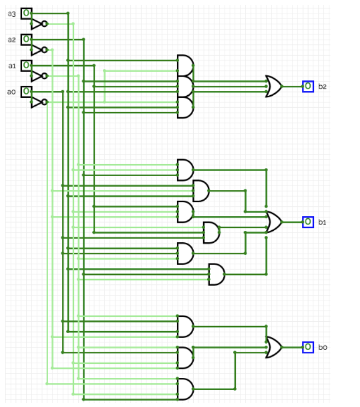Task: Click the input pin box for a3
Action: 26,13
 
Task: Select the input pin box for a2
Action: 26,39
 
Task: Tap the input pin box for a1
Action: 26,66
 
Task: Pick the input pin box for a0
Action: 26,91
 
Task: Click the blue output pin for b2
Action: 308,86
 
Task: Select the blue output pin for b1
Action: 308,222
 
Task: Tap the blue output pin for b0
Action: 308,347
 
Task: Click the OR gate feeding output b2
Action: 273,86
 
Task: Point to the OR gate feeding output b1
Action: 273,222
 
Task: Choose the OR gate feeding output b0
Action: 273,347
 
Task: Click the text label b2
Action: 322,86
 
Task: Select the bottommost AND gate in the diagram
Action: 185,388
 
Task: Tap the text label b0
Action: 322,347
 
